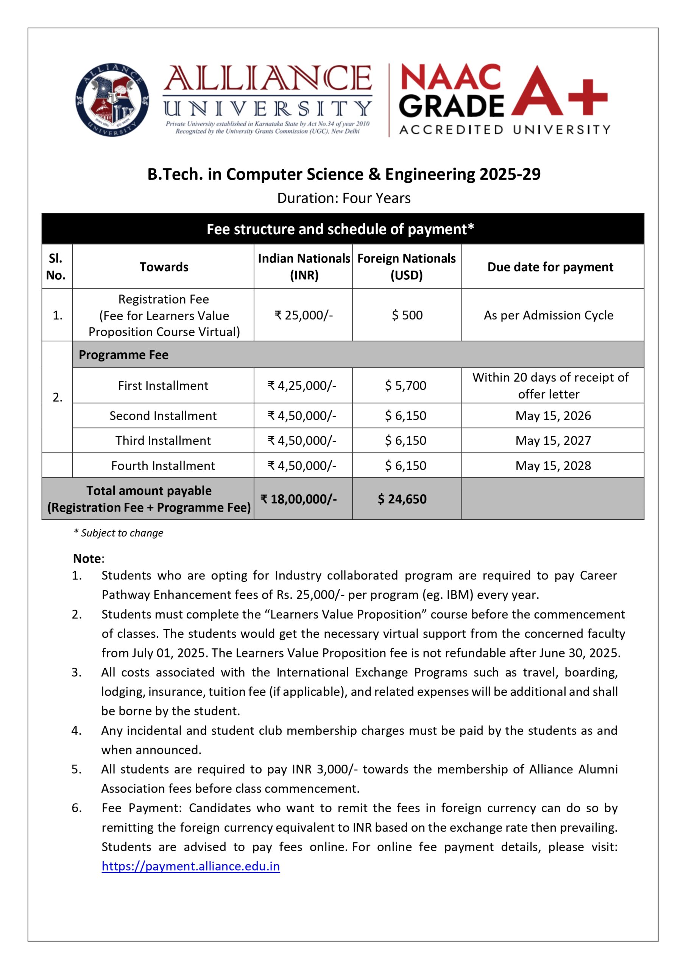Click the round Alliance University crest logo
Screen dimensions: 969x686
[112, 100]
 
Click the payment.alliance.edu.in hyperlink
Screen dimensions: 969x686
[190, 866]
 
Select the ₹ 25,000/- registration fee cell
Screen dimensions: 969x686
[303, 315]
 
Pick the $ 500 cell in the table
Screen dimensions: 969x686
[407, 315]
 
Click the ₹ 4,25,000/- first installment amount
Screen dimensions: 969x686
[302, 385]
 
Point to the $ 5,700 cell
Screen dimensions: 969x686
[405, 385]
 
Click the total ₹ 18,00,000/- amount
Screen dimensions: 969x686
[298, 499]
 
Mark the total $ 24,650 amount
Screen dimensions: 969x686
[402, 499]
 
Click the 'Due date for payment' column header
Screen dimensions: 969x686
[550, 267]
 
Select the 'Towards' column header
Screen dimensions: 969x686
[164, 267]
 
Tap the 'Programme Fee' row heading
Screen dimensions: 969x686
[123, 355]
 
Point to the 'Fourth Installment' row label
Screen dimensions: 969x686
[163, 466]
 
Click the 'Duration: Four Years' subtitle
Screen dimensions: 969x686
[343, 198]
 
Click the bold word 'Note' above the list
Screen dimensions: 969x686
[87, 559]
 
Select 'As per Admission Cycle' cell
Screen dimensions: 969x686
[548, 315]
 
